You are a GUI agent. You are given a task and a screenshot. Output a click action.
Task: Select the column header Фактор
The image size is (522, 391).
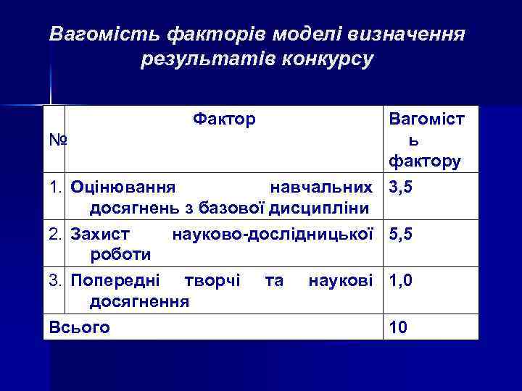click(x=224, y=118)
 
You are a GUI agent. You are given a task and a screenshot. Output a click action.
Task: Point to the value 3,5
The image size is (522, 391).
click(x=401, y=187)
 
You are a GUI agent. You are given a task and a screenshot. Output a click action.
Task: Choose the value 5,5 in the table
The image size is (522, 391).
click(x=401, y=234)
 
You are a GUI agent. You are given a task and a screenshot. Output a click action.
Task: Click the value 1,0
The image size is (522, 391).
click(x=401, y=280)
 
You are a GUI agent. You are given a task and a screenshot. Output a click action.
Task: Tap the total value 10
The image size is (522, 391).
click(x=398, y=327)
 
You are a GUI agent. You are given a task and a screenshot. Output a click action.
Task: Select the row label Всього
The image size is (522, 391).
click(x=79, y=327)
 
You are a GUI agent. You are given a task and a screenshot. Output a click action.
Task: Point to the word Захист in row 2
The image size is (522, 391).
click(x=101, y=234)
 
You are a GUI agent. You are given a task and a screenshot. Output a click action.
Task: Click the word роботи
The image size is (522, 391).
click(x=120, y=254)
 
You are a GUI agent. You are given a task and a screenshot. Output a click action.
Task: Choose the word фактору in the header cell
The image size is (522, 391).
click(x=424, y=160)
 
